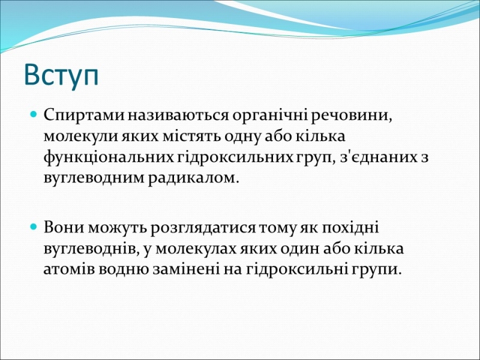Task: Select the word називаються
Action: (x=178, y=116)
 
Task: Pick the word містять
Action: (x=191, y=136)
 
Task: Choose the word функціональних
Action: (x=109, y=158)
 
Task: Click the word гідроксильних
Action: (x=235, y=158)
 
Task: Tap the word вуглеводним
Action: (x=94, y=178)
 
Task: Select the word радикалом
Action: (x=193, y=178)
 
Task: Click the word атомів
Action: (x=68, y=269)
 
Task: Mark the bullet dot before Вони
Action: (x=34, y=227)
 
